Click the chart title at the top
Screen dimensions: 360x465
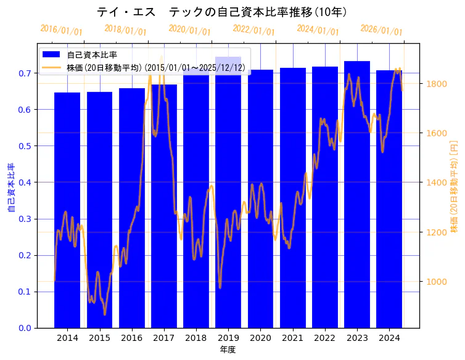click(x=222, y=12)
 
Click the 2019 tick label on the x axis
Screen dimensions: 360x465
click(x=228, y=338)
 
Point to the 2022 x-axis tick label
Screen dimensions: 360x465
click(x=325, y=338)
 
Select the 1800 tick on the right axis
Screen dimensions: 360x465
click(x=437, y=83)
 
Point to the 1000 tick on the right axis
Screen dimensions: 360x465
click(x=437, y=282)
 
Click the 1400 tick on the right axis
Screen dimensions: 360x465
click(x=437, y=182)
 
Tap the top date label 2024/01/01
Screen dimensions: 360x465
click(x=318, y=30)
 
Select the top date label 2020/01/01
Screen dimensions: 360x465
click(x=190, y=30)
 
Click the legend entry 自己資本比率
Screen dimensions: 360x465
click(x=92, y=55)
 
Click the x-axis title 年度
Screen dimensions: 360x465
click(x=228, y=350)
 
